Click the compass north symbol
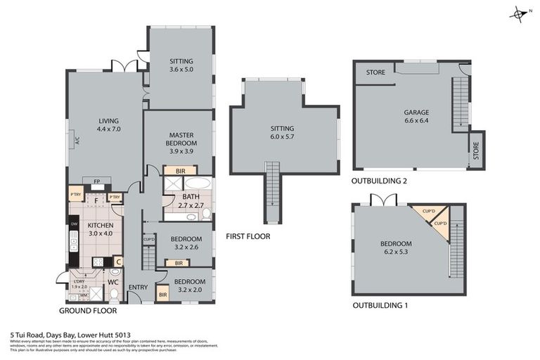pyautogui.click(x=520, y=13)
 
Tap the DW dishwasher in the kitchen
pyautogui.click(x=73, y=226)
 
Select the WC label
pyautogui.click(x=112, y=282)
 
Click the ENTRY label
pyautogui.click(x=137, y=287)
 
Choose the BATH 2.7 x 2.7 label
pyautogui.click(x=191, y=201)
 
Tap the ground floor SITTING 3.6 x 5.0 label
pyautogui.click(x=181, y=66)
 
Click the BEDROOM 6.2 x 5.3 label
pyautogui.click(x=396, y=247)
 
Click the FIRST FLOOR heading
pyautogui.click(x=248, y=236)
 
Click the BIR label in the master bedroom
pyautogui.click(x=180, y=171)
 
